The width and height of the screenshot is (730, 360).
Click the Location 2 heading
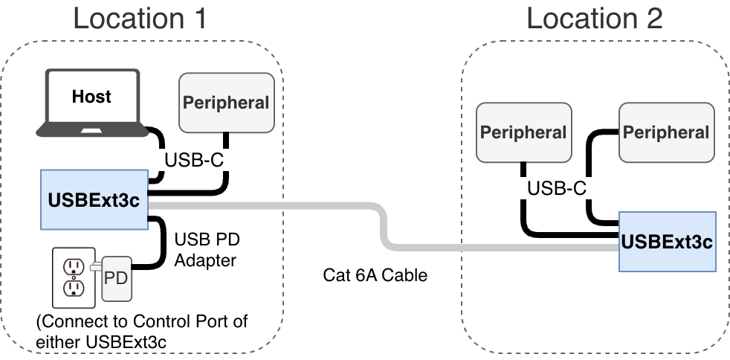[x=594, y=18]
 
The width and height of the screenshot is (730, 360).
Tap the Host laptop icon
[x=92, y=104]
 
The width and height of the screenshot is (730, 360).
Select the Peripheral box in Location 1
[x=226, y=103]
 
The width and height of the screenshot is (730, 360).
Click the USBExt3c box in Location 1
[x=94, y=199]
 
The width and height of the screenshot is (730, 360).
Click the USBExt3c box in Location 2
[x=667, y=241]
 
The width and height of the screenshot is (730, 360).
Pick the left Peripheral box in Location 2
[x=523, y=132]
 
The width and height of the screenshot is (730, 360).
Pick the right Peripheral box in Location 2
[x=666, y=132]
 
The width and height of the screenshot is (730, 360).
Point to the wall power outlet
[x=73, y=277]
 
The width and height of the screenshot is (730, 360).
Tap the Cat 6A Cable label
[x=375, y=275]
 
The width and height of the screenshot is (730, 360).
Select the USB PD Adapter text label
[x=207, y=250]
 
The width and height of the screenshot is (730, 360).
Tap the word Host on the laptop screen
[x=91, y=96]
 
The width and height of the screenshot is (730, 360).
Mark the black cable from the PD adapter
[x=161, y=245]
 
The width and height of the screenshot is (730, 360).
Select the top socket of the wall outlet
[x=73, y=266]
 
